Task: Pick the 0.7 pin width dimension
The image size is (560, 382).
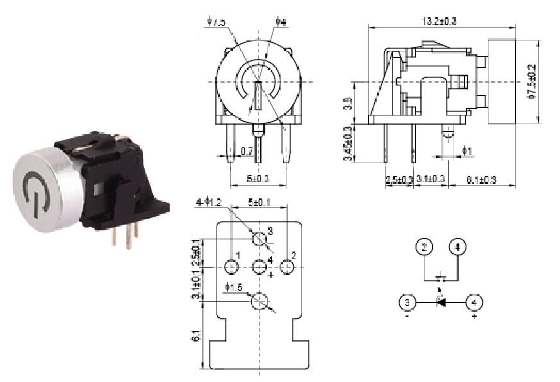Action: (x=246, y=151)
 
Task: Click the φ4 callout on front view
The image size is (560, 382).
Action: (x=281, y=22)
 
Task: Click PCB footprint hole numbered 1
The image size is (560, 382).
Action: (x=231, y=265)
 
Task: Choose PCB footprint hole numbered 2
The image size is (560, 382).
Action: (x=286, y=265)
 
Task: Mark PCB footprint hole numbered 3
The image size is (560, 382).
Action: (x=259, y=239)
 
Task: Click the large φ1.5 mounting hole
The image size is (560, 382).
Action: (x=259, y=299)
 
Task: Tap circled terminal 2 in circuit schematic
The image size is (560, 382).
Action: (x=424, y=246)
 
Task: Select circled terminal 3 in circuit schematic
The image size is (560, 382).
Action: (x=406, y=302)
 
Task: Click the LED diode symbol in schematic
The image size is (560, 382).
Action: (x=441, y=302)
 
